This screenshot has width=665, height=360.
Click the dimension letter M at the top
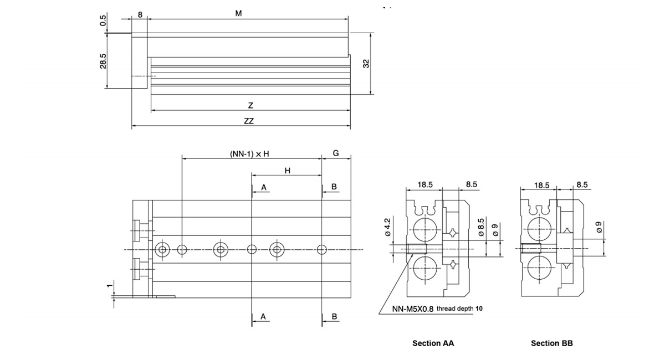pyautogui.click(x=238, y=13)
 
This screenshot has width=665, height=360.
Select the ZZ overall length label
pyautogui.click(x=249, y=121)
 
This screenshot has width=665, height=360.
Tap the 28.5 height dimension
pyautogui.click(x=103, y=61)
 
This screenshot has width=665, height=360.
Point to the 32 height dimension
pyautogui.click(x=366, y=64)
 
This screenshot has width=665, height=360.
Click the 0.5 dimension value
pyautogui.click(x=103, y=20)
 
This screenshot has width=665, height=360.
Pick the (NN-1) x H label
pyautogui.click(x=249, y=154)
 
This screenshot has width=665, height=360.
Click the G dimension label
pyautogui.click(x=336, y=153)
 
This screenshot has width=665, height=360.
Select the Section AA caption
pyautogui.click(x=433, y=343)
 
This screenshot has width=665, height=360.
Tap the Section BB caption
pyautogui.click(x=552, y=343)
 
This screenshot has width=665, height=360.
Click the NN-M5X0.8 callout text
pyautogui.click(x=413, y=309)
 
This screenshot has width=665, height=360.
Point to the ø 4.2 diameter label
pyautogui.click(x=387, y=227)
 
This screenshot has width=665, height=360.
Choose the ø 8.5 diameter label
pyautogui.click(x=481, y=227)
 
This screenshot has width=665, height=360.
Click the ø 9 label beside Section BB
pyautogui.click(x=599, y=227)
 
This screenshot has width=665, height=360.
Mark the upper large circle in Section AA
pyautogui.click(x=425, y=230)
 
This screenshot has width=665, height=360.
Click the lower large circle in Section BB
pyautogui.click(x=539, y=268)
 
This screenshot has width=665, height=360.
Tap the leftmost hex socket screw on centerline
pyautogui.click(x=162, y=250)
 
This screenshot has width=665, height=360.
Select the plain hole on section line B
pyautogui.click(x=322, y=250)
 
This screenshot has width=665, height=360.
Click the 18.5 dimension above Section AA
pyautogui.click(x=425, y=185)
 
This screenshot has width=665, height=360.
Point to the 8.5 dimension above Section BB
pyautogui.click(x=582, y=185)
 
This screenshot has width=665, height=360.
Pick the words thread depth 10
pyautogui.click(x=459, y=308)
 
